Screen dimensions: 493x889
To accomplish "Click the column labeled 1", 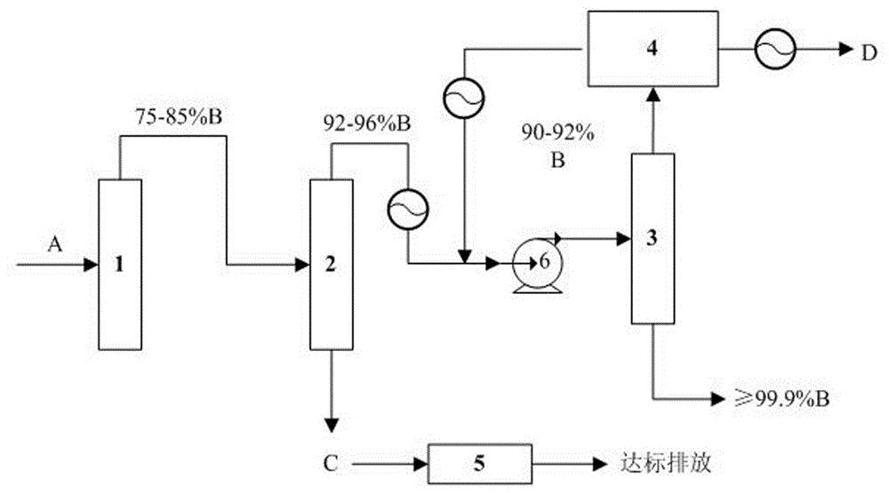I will click(x=117, y=264).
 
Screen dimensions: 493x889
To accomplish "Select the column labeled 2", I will click(x=330, y=264).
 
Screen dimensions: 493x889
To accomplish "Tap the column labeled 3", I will click(x=653, y=237).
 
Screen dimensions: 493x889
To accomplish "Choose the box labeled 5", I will click(x=480, y=462).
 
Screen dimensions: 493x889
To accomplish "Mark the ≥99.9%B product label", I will click(x=776, y=397).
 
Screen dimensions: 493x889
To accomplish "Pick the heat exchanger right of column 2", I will click(x=407, y=210).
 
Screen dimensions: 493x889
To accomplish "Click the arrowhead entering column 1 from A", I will click(x=90, y=264).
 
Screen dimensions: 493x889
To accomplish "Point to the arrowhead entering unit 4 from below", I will click(x=653, y=92).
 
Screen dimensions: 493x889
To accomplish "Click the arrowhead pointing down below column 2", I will click(x=331, y=422).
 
